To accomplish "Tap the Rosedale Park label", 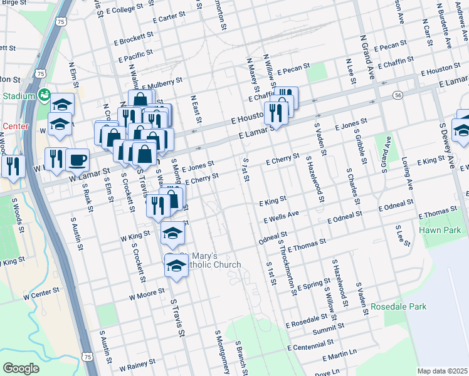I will point(398,307).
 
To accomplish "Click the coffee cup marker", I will point(77,160).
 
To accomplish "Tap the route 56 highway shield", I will point(398,95).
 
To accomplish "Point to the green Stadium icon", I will point(45,96).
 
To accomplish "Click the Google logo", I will point(21,368).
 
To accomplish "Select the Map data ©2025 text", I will point(441,371).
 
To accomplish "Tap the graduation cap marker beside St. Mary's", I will point(176,265).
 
